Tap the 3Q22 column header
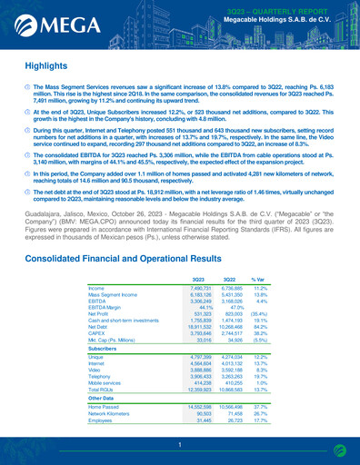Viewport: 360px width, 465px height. click(x=230, y=253)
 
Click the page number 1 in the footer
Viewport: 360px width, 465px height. click(x=180, y=444)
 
